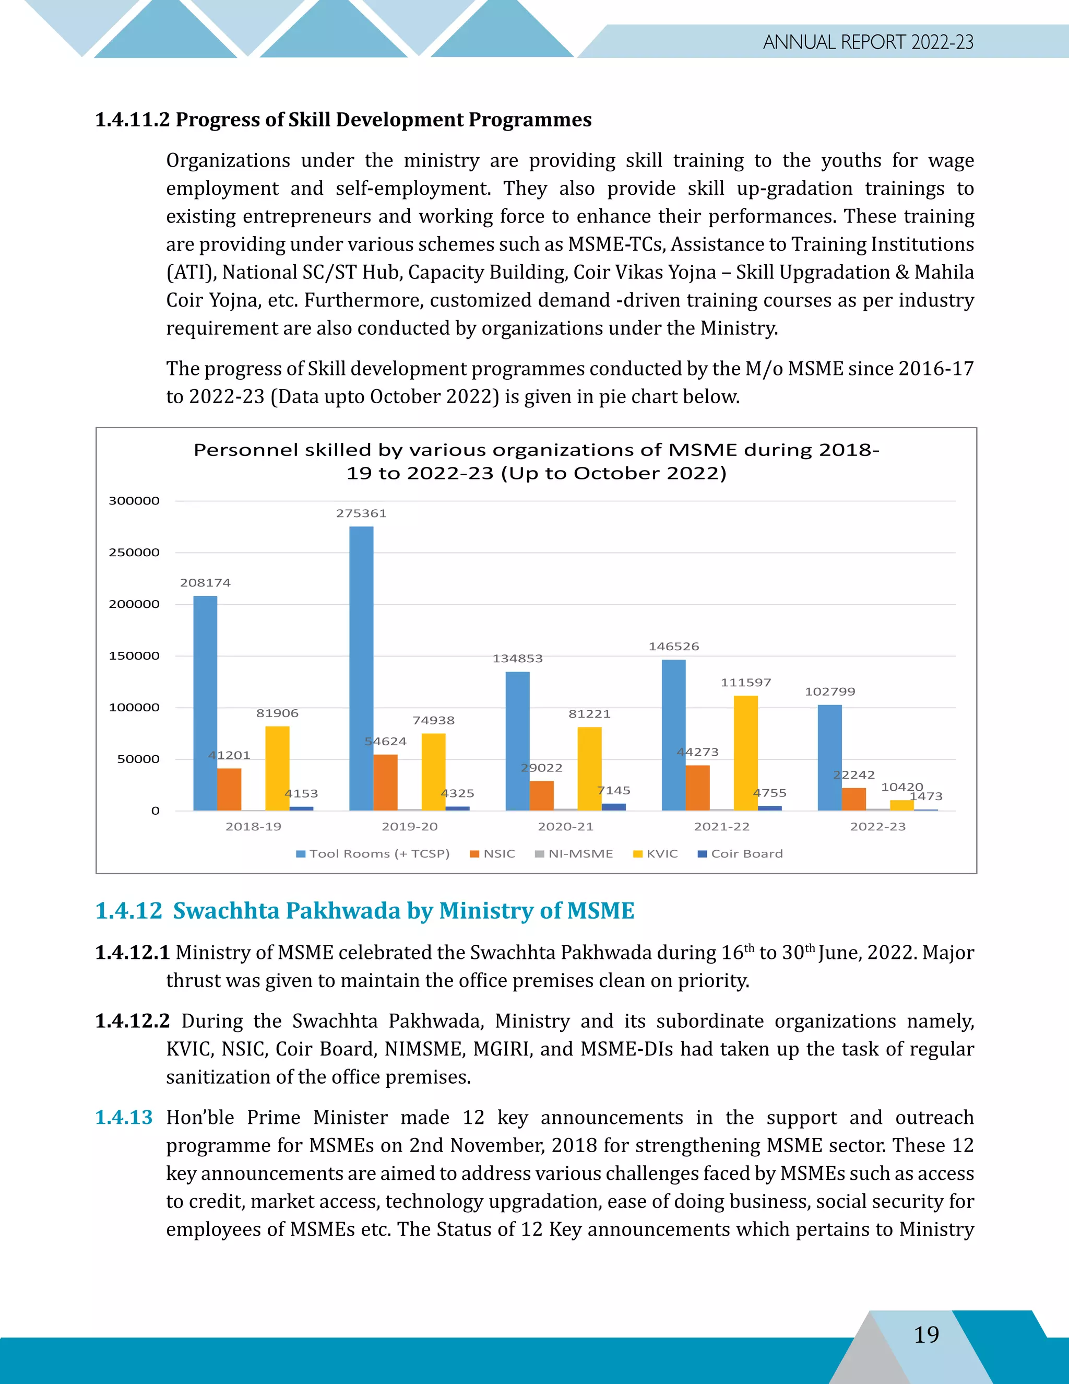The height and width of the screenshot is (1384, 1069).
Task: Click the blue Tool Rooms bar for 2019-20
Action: [x=361, y=668]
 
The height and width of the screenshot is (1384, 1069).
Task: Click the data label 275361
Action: [x=361, y=513]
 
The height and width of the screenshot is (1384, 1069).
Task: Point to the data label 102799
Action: [x=829, y=691]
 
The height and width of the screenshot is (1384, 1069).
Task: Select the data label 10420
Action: [x=902, y=787]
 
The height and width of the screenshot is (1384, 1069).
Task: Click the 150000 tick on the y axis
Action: [x=134, y=656]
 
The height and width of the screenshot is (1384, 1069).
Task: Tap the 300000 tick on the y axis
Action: [x=134, y=501]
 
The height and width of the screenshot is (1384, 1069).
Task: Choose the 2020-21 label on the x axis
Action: [x=565, y=826]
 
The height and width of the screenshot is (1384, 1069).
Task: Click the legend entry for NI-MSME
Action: [x=574, y=853]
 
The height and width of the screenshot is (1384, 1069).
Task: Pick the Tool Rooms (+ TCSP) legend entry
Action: [x=373, y=853]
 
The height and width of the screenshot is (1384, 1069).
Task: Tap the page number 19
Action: [x=927, y=1334]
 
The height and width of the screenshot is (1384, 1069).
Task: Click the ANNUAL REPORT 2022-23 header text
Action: [x=868, y=42]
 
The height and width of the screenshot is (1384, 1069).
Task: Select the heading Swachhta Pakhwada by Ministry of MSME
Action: [x=403, y=911]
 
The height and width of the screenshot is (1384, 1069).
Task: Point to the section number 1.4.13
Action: [x=124, y=1117]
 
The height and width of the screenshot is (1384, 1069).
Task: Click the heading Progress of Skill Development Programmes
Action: [x=383, y=120]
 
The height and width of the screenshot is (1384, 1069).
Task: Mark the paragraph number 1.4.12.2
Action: [x=133, y=1021]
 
